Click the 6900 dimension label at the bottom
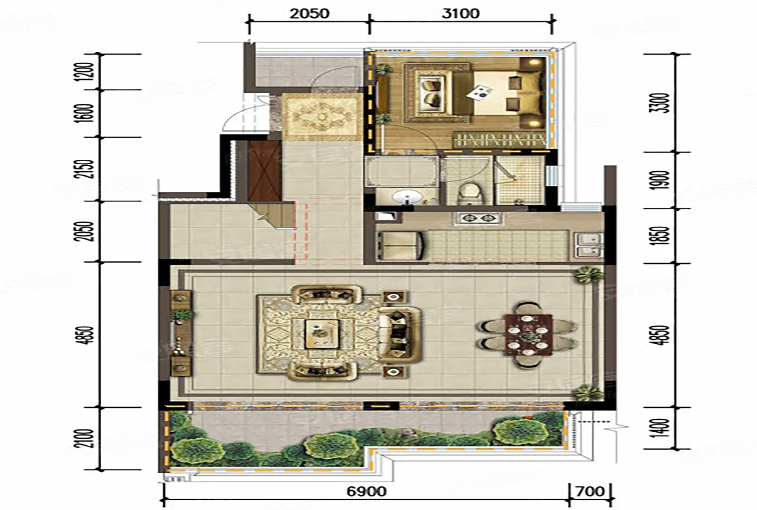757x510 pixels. coord(367,492)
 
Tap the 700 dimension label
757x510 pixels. coord(590,492)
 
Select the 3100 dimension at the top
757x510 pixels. coord(461,14)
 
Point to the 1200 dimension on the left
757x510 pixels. coord(87,71)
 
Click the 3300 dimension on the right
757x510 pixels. coord(661,103)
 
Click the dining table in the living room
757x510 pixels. coord(529,335)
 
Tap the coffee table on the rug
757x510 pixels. coord(322,334)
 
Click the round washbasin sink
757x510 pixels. coord(405,197)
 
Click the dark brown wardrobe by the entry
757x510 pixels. coord(264,171)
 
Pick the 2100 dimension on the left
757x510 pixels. coord(87,438)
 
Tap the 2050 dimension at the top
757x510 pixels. coord(309,14)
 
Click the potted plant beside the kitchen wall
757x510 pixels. coord(590,274)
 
